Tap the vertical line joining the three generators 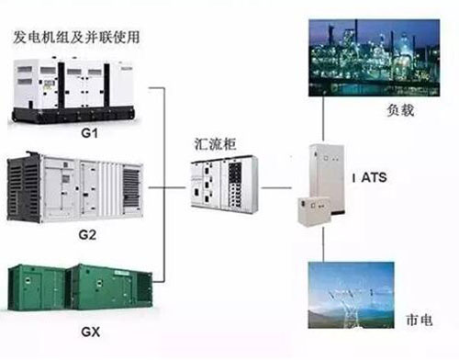click(165, 184)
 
